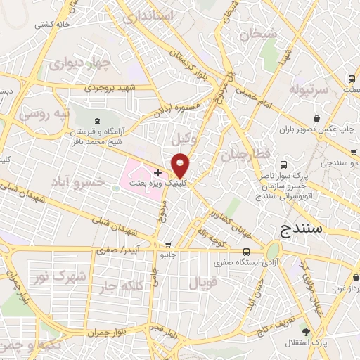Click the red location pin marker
(181, 165)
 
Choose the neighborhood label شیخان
(258, 33)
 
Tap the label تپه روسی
(44, 113)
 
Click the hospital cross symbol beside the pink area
(157, 172)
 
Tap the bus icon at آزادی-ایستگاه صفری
(245, 252)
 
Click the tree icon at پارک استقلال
(304, 331)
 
